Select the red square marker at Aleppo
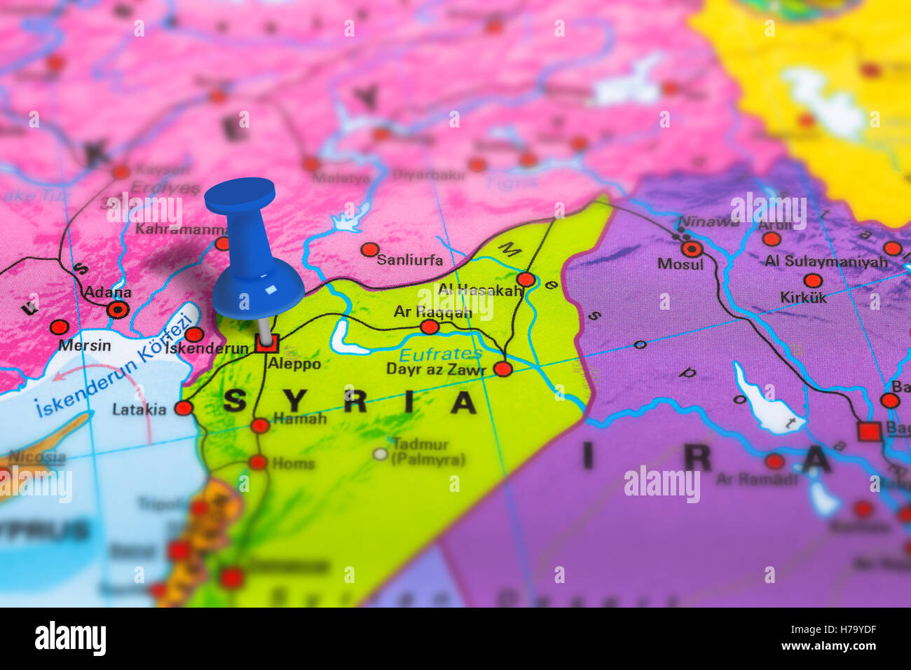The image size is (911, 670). coord(267,343)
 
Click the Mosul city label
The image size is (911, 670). coord(680,264)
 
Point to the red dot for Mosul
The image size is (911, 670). coord(692,249)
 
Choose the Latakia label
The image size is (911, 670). coord(139,409)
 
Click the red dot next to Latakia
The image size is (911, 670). coord(184,408)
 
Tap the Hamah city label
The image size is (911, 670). coord(300,418)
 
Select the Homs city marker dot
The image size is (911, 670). coord(258,462)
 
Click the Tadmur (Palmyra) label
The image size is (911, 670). coord(428,452)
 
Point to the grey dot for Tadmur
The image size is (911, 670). coord(380,454)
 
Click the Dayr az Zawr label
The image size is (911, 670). coord(436,369)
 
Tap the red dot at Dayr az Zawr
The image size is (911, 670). coord(502,369)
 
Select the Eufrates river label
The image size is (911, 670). coord(440,354)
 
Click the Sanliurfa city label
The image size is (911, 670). coord(410,260)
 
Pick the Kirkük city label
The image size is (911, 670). coord(803,297)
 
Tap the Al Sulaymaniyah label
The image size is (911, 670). coord(826,261)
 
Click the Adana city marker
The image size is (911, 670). coord(117,309)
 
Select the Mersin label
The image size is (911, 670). coord(84,346)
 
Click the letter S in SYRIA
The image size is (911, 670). coord(235,402)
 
